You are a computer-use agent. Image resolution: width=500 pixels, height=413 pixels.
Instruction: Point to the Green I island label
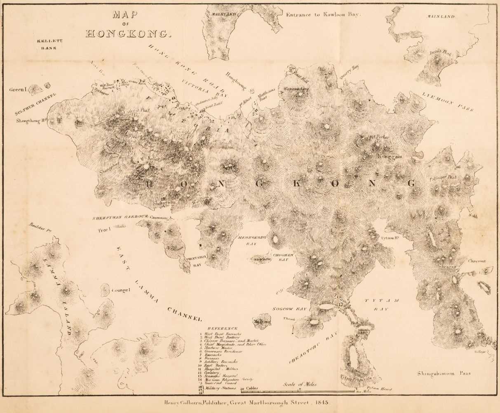click(18, 89)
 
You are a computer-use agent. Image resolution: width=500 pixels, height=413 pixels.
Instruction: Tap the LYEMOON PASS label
click(449, 102)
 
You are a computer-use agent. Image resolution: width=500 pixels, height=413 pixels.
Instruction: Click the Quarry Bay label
click(349, 73)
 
